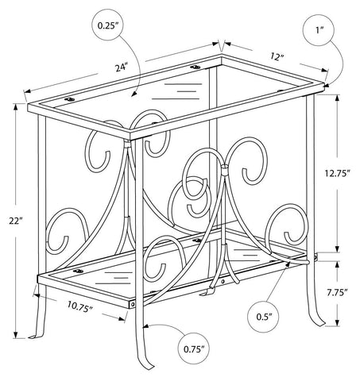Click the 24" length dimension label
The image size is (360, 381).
pyautogui.click(x=122, y=67)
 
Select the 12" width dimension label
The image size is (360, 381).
pyautogui.click(x=277, y=56)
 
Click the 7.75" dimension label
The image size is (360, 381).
pyautogui.click(x=337, y=292)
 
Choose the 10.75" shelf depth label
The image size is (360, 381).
pyautogui.click(x=79, y=306)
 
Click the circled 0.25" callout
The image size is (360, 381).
pyautogui.click(x=108, y=25)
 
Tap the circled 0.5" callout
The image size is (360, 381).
pyautogui.click(x=264, y=317)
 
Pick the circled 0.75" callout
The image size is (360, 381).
pyautogui.click(x=194, y=348)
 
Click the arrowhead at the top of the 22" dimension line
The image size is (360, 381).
pyautogui.click(x=16, y=106)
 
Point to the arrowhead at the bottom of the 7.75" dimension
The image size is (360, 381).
pyautogui.click(x=337, y=323)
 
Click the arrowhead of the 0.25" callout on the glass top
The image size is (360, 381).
pyautogui.click(x=134, y=94)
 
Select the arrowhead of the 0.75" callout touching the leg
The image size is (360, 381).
pyautogui.click(x=146, y=327)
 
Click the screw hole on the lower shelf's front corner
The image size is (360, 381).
pyautogui.click(x=133, y=305)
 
